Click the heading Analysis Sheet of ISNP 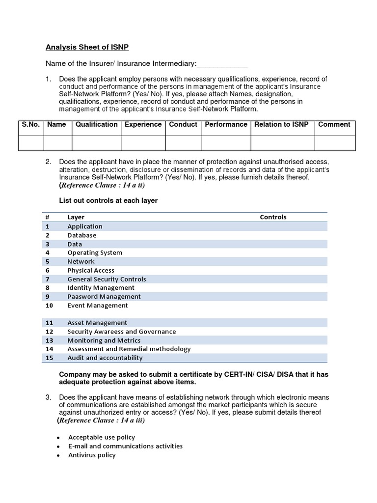pos(87,47)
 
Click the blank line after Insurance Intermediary pos(222,64)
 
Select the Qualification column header pos(96,125)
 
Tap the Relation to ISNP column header pos(281,125)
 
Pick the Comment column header pos(334,125)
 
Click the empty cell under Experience pos(143,143)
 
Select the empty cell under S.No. pos(31,143)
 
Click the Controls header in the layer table pos(273,217)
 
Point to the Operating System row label pos(95,253)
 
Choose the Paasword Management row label pos(104,297)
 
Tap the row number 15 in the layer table pos(49,358)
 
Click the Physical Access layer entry pos(91,271)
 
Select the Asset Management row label pos(97,323)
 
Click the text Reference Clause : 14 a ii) pos(103,186)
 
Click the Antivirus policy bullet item pos(92,455)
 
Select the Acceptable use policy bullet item pos(102,438)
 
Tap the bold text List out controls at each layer pos(108,201)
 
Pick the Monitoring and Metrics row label pos(104,340)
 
